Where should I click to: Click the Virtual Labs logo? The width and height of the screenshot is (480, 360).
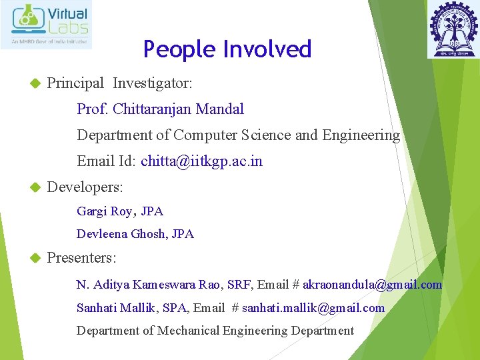[51, 25]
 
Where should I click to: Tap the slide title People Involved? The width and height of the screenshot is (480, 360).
[227, 49]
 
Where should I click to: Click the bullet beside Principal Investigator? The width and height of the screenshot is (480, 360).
[36, 84]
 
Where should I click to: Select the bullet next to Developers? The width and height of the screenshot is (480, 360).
[36, 188]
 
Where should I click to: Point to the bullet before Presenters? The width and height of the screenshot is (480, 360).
[36, 258]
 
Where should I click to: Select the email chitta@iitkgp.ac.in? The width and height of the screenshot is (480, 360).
[201, 161]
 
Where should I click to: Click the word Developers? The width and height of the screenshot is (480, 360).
[85, 187]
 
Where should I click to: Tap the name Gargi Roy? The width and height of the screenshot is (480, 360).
[105, 211]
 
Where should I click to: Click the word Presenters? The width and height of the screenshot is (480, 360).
[81, 257]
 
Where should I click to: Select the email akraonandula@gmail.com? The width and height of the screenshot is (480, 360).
[372, 285]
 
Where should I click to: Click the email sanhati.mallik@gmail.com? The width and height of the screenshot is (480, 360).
[313, 308]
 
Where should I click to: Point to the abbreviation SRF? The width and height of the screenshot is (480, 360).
[239, 285]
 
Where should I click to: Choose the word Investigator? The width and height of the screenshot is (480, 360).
[153, 83]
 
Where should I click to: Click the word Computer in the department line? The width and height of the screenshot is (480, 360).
[205, 135]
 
